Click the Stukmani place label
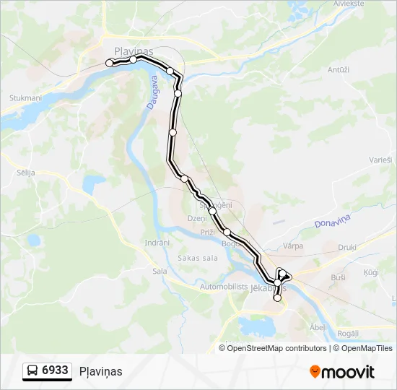(25, 97)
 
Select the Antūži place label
(339, 70)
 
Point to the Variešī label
(380, 159)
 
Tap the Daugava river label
(152, 94)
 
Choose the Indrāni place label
(157, 243)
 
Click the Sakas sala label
(197, 258)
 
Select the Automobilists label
(223, 287)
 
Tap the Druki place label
(347, 248)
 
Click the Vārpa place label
(293, 246)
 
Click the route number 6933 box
(48, 370)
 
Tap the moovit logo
(342, 372)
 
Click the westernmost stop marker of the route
(110, 64)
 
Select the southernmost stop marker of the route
(277, 298)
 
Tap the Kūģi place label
(371, 272)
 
